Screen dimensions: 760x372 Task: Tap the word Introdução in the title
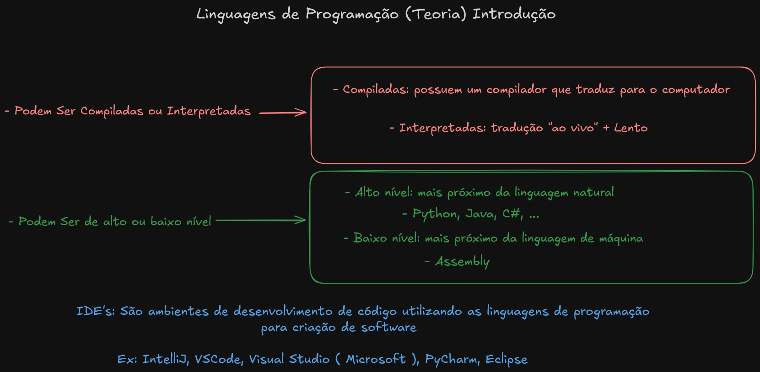pos(514,14)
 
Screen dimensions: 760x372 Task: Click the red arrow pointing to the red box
pos(283,112)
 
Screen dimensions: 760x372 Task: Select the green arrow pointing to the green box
pos(260,220)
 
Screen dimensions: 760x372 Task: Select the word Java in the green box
pos(480,214)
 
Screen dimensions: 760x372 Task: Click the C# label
pos(512,214)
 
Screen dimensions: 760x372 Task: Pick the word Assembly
pos(462,261)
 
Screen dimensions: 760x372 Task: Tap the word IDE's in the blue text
pos(95,311)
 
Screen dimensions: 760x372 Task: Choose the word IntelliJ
pos(166,359)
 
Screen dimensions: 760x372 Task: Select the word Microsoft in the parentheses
pos(376,359)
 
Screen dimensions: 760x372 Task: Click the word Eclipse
pos(507,359)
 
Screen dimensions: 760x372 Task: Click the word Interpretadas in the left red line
pos(209,111)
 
